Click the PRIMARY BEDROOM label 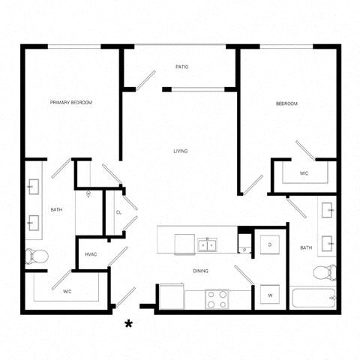[x=71, y=103]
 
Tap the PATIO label [x=182, y=67]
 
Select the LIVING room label [x=181, y=151]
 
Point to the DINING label [x=200, y=271]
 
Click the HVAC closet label [x=91, y=254]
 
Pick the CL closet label [x=118, y=212]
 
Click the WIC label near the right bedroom [x=304, y=173]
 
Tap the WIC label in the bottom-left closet [x=67, y=290]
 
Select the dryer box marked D [x=269, y=245]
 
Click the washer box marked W [x=269, y=295]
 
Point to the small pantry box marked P [x=244, y=249]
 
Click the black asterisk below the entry [x=129, y=324]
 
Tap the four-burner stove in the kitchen [x=217, y=299]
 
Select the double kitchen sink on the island [x=206, y=244]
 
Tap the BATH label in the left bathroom [x=56, y=210]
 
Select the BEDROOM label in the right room [x=286, y=103]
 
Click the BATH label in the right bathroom [x=306, y=247]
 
